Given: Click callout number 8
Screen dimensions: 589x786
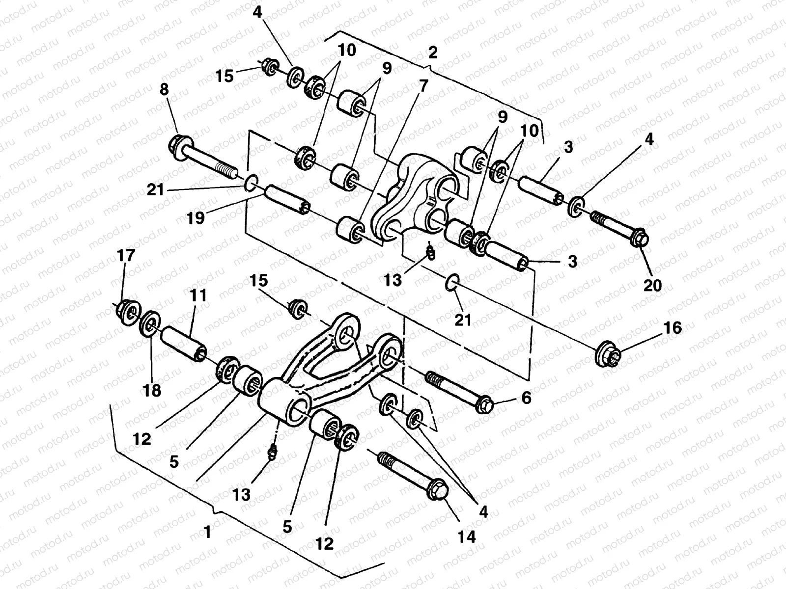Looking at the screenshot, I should coord(164,90).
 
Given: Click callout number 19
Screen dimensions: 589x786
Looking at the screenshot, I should coord(196,217).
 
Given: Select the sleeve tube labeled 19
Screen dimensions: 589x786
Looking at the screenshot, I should coord(287,201).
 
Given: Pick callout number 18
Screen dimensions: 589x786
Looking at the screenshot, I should coord(152,390).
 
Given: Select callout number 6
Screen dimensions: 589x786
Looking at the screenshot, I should coord(526,398).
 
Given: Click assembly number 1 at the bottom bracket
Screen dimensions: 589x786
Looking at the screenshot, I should coord(207,532).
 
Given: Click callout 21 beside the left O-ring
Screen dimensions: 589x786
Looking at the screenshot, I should coord(155,189).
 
